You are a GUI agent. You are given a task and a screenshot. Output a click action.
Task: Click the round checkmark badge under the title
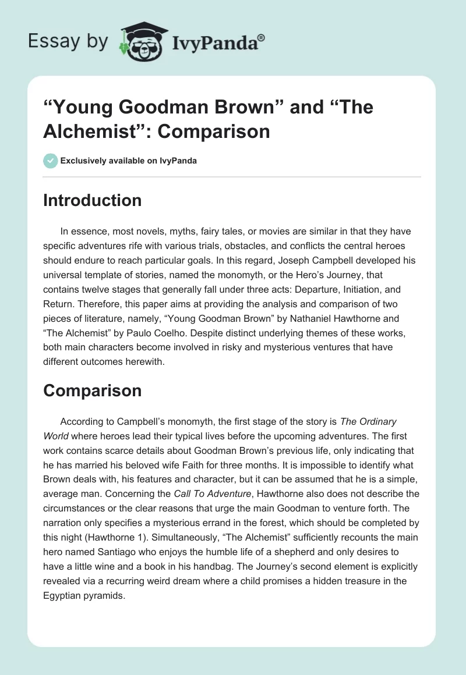tap(50, 161)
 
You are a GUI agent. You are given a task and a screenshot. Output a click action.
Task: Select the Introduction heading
tap(92, 200)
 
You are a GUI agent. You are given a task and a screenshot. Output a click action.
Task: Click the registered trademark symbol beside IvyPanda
tap(262, 38)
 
